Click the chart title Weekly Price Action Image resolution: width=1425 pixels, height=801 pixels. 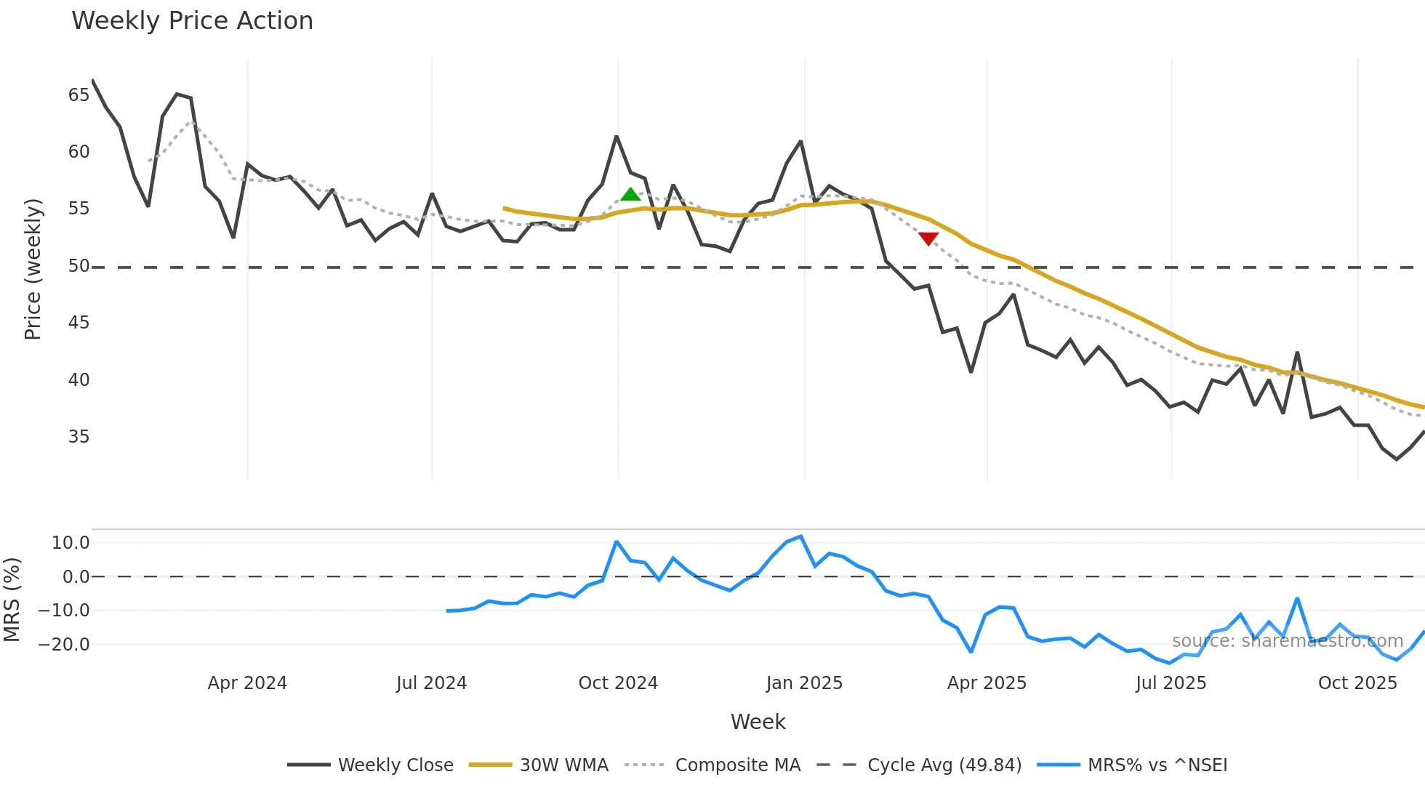[192, 21]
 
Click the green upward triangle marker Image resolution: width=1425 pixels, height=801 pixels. [630, 194]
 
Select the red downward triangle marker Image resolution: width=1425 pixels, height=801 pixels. [928, 238]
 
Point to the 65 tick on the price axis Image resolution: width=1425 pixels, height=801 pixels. [79, 95]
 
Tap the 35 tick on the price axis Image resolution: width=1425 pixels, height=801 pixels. [79, 437]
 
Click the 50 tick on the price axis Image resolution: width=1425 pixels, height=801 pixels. [79, 266]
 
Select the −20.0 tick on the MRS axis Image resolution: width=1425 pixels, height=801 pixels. [64, 645]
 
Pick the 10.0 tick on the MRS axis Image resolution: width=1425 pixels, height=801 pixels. [71, 543]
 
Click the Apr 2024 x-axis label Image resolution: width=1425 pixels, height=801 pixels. [247, 683]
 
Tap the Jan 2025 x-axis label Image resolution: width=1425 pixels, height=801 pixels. [804, 683]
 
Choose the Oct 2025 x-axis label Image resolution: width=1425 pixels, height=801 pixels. [1357, 683]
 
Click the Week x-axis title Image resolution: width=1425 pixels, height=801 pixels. [758, 722]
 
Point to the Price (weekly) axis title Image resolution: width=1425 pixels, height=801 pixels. [33, 269]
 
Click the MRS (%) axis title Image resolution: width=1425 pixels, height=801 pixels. [12, 600]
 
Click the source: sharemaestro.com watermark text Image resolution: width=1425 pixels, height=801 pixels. [1287, 641]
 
